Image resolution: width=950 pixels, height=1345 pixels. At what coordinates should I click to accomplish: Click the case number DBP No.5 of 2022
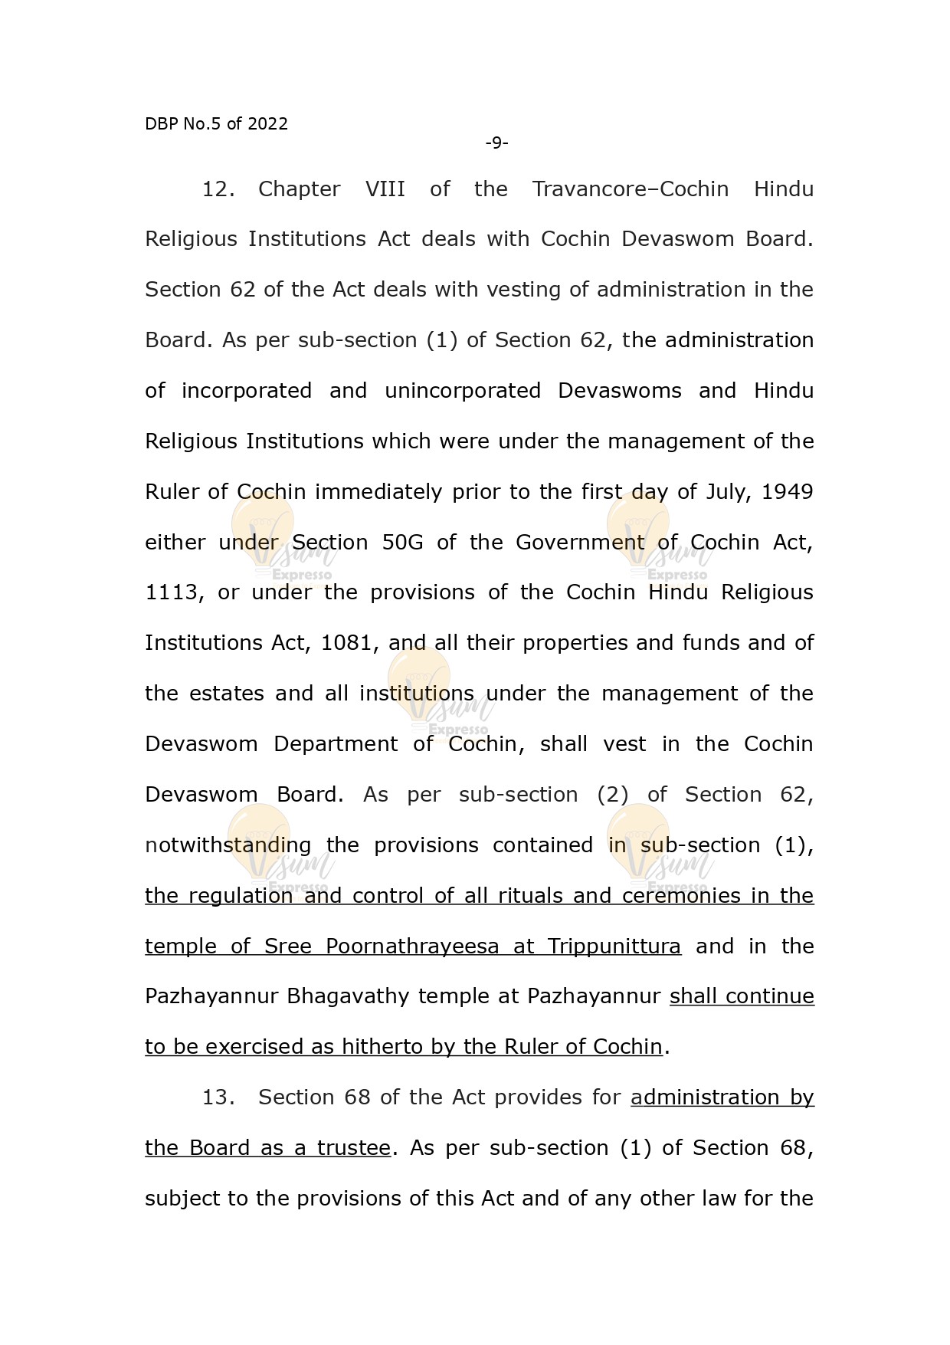point(216,124)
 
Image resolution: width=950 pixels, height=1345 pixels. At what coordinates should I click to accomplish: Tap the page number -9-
point(496,143)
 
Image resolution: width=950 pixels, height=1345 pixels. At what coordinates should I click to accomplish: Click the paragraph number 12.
point(218,189)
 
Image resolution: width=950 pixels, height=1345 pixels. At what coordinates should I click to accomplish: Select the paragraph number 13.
point(218,1097)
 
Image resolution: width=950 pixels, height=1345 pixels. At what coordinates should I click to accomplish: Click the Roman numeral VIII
point(385,189)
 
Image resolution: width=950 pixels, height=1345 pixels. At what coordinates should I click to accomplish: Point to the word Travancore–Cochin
point(631,189)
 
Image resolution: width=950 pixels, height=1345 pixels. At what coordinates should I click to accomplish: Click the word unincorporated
point(463,391)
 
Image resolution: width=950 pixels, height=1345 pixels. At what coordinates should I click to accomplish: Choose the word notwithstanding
point(228,845)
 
